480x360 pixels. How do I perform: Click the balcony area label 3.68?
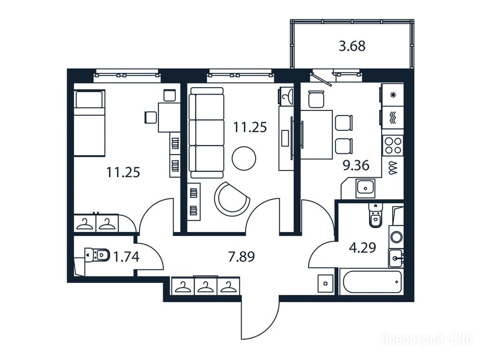tap(352, 46)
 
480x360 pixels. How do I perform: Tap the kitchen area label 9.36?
tap(356, 165)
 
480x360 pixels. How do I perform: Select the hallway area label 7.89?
tap(241, 256)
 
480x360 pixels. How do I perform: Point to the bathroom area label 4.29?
tap(362, 247)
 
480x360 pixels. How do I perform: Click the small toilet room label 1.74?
tap(126, 256)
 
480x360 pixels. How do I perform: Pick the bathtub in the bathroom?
tap(372, 282)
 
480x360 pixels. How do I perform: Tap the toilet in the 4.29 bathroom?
tap(375, 215)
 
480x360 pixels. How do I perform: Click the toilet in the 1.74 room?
tap(97, 255)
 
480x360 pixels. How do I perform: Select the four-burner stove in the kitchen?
tap(393, 146)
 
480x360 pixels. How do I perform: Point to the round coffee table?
tap(244, 158)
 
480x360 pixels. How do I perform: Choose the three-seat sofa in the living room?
tap(207, 133)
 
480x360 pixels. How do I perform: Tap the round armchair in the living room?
tap(232, 199)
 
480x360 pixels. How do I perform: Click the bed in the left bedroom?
tap(90, 123)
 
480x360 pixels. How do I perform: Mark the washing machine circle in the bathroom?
tap(397, 237)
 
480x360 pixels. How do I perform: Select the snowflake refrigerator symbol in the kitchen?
tap(393, 95)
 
